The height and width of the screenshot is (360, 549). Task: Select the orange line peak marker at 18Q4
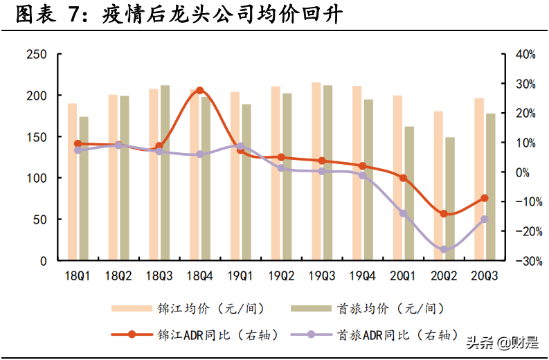click(x=199, y=91)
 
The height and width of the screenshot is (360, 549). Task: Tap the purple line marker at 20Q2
click(x=444, y=249)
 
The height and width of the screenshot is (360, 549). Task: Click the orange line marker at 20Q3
click(x=485, y=199)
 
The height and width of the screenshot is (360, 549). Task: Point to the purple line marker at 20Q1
click(x=403, y=213)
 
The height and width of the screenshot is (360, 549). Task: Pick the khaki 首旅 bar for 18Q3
click(x=165, y=173)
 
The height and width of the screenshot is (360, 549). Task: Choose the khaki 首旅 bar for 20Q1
click(x=409, y=194)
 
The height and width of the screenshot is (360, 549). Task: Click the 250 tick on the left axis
click(x=37, y=55)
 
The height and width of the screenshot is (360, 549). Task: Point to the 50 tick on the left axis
click(x=40, y=220)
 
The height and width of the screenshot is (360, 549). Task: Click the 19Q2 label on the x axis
click(x=280, y=276)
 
